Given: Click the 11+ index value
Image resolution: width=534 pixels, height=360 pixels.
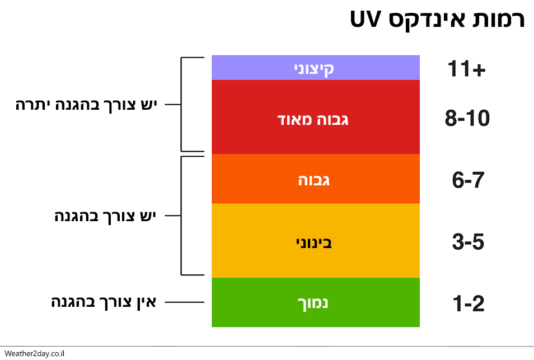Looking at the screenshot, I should click(468, 69).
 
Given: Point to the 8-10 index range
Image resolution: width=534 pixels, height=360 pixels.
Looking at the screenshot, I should click(467, 119).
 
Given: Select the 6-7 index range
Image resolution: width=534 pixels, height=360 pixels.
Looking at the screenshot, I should click(467, 180).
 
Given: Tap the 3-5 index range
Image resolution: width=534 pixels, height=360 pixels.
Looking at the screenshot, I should click(467, 242).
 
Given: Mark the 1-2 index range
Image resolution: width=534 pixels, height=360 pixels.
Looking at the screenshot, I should click(467, 304).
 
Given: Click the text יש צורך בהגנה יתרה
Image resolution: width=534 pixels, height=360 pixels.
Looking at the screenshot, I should click(87, 105).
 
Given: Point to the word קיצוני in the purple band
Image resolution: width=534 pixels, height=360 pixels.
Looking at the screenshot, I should click(315, 68).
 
